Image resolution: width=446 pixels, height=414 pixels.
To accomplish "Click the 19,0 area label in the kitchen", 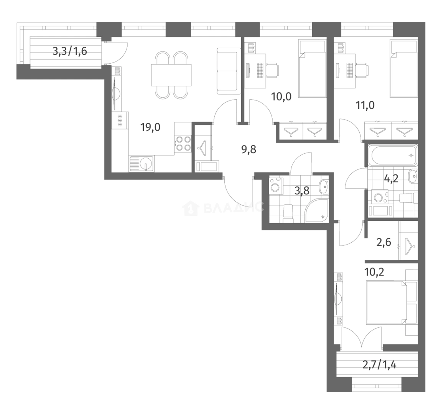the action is point(150,127).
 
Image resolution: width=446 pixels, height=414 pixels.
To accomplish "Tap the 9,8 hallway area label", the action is point(249,149).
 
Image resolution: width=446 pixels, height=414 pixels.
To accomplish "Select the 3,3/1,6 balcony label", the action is point(70,51).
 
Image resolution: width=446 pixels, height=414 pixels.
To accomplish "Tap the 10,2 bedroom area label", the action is point(374,273).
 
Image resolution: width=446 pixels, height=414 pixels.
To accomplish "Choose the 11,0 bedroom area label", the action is point(365,105).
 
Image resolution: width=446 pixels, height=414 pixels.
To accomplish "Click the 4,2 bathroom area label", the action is point(391,179).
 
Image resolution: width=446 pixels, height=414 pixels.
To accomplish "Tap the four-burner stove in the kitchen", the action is point(183,143).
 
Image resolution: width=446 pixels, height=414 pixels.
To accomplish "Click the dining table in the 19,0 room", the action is point(171,75).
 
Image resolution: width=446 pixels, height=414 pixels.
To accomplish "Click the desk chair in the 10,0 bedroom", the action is point(272,69).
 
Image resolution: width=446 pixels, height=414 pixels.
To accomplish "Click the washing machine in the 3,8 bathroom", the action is point(275,186).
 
